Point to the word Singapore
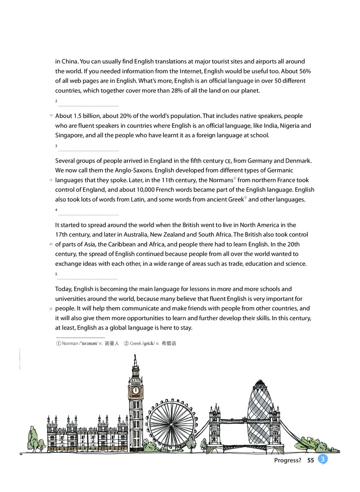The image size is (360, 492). coord(69,136)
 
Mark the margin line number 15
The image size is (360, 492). coord(50,180)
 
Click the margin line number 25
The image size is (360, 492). coord(50,309)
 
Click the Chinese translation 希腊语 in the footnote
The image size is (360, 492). coord(168,343)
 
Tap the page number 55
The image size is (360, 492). coord(310,460)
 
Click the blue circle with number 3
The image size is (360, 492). coord(323,459)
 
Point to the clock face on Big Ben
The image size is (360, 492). coord(135,390)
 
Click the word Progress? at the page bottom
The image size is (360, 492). coord(287,460)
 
